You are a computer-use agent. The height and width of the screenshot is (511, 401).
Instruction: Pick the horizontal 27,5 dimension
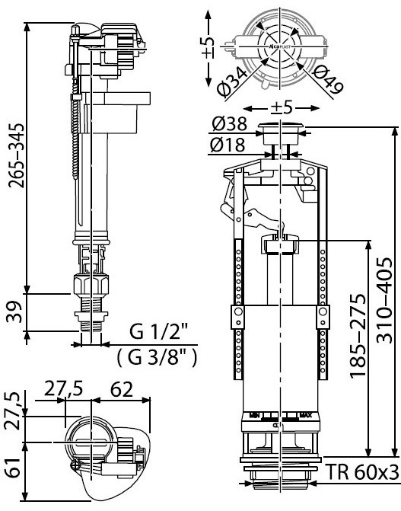[x=62, y=389]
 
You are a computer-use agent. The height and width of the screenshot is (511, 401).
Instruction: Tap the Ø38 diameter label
[x=228, y=123]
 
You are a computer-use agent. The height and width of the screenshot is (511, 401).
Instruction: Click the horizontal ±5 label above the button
[x=282, y=107]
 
